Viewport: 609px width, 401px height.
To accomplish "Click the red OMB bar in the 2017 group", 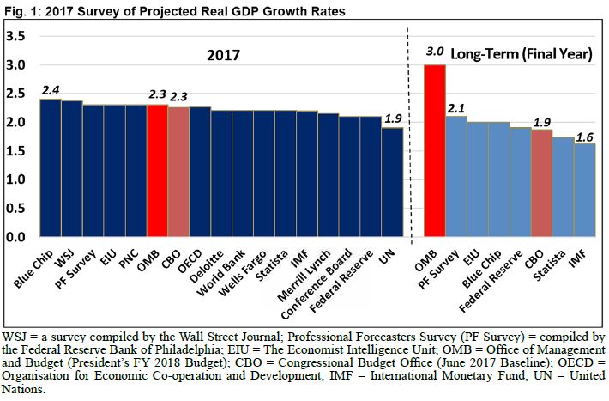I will click(157, 171).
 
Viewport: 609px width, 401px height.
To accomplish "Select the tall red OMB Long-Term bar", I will click(436, 151).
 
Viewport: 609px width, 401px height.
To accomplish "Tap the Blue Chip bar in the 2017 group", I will click(51, 168).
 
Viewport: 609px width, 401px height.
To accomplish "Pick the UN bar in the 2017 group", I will click(392, 182).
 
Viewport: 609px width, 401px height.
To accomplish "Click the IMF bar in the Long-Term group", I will click(584, 190).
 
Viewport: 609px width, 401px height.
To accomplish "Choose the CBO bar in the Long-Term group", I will click(541, 183).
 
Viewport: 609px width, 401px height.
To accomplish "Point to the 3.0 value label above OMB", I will click(436, 53).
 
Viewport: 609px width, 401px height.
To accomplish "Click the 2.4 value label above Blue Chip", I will click(51, 88).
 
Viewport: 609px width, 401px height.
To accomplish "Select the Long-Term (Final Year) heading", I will click(522, 54).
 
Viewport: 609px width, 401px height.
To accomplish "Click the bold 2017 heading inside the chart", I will click(226, 55).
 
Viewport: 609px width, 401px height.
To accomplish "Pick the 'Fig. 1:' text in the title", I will click(20, 9).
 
